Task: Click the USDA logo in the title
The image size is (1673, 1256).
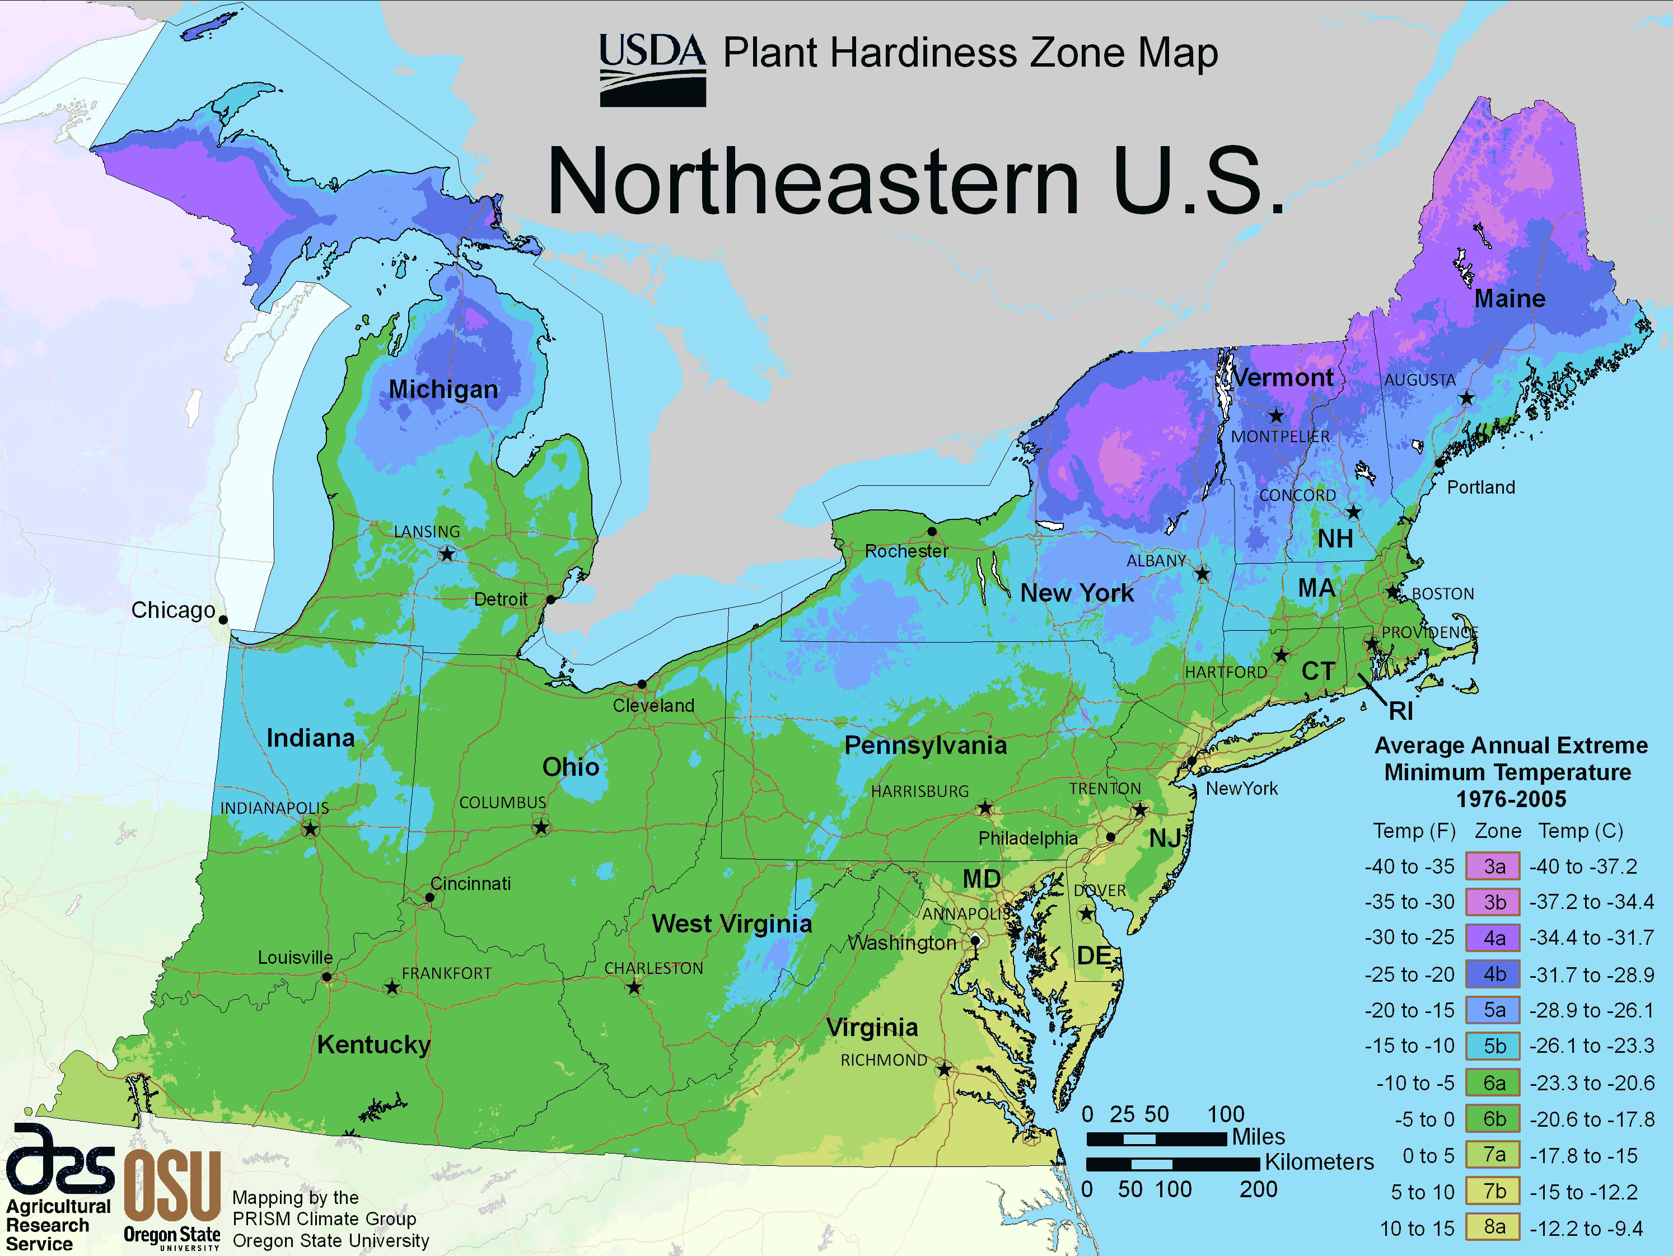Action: pyautogui.click(x=652, y=69)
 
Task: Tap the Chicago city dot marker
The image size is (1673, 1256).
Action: pyautogui.click(x=223, y=619)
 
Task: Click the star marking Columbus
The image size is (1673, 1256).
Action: pyautogui.click(x=541, y=827)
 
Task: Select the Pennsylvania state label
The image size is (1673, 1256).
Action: pyautogui.click(x=925, y=746)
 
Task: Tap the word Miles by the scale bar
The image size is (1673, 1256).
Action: pyautogui.click(x=1258, y=1137)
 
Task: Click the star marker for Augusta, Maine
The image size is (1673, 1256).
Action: pyautogui.click(x=1466, y=398)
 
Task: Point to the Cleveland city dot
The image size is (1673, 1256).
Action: pyautogui.click(x=641, y=683)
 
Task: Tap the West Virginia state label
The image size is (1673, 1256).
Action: pyautogui.click(x=731, y=924)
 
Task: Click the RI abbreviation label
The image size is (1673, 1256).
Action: pyautogui.click(x=1401, y=711)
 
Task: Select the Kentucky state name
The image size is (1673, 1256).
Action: pyautogui.click(x=373, y=1044)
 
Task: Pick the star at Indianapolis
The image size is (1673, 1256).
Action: pyautogui.click(x=310, y=829)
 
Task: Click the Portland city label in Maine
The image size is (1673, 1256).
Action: pyautogui.click(x=1480, y=487)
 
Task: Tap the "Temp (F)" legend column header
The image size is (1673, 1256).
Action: pyautogui.click(x=1414, y=831)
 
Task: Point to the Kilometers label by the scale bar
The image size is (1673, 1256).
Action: pyautogui.click(x=1319, y=1162)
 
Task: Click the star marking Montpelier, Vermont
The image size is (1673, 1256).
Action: pyautogui.click(x=1277, y=416)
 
